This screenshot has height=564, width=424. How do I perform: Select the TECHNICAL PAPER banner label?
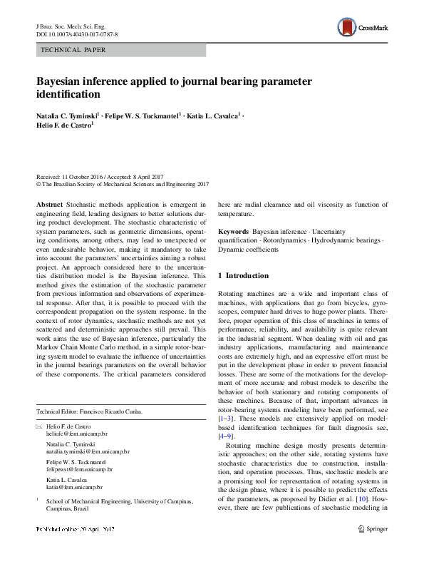(x=74, y=51)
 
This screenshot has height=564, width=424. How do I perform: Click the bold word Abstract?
(x=49, y=203)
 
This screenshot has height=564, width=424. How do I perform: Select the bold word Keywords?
(x=233, y=232)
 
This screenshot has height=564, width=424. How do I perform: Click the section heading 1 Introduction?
(x=243, y=275)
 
